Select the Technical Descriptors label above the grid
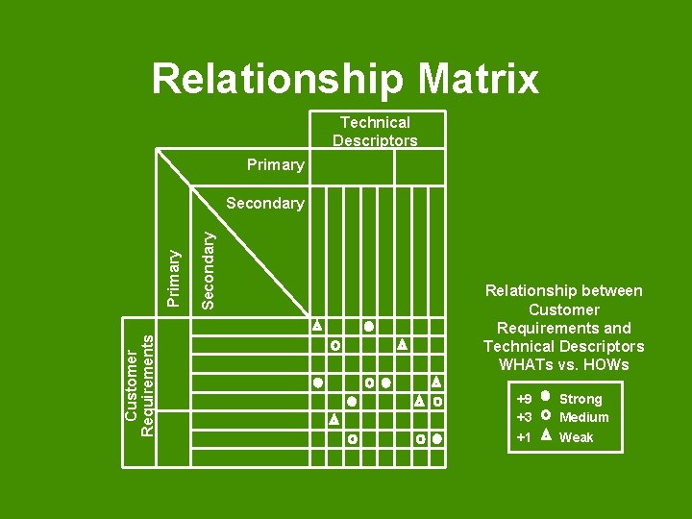click(x=375, y=132)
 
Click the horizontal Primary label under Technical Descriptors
click(x=275, y=165)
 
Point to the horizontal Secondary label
click(x=264, y=204)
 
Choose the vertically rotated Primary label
click(x=174, y=278)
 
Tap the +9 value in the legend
click(x=524, y=399)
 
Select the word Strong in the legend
click(x=581, y=399)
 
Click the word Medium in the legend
click(x=583, y=417)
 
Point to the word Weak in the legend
click(x=576, y=437)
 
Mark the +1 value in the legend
click(x=524, y=437)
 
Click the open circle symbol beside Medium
click(x=546, y=417)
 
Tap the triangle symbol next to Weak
click(x=546, y=436)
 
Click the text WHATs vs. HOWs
click(x=563, y=364)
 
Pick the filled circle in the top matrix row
click(x=368, y=327)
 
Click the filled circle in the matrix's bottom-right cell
click(x=437, y=439)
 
